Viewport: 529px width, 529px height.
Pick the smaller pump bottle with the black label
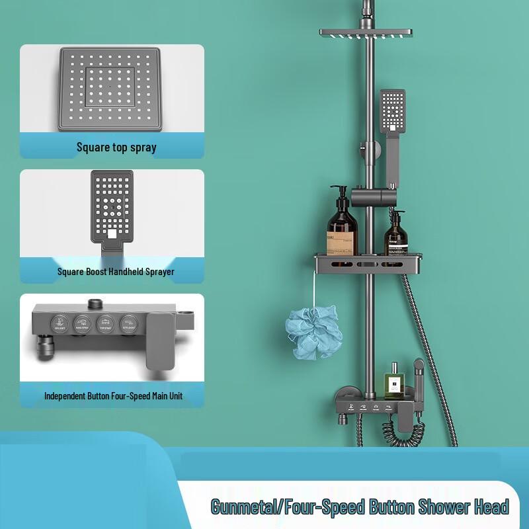tap(395, 235)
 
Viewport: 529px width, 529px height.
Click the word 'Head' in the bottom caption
tap(491, 507)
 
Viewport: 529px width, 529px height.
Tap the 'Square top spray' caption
tap(116, 147)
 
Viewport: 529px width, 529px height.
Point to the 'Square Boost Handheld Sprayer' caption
tap(116, 271)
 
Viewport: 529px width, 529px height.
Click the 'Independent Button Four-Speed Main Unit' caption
tap(113, 396)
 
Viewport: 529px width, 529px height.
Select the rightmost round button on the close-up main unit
tap(126, 325)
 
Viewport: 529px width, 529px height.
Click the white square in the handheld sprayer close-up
tap(112, 233)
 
